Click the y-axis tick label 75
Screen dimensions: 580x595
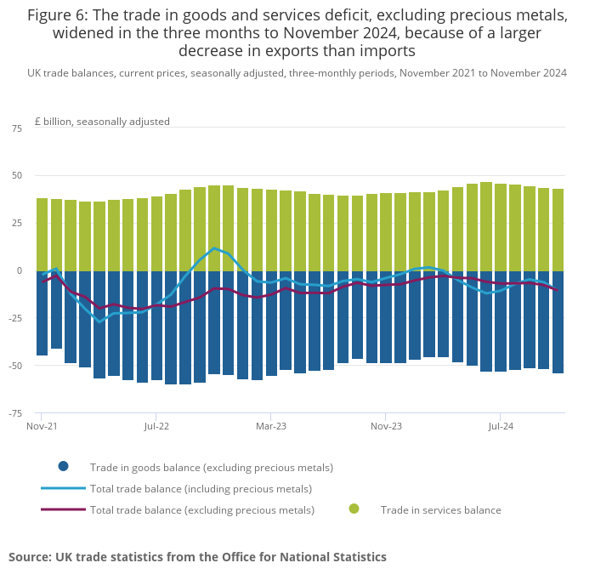click(x=17, y=128)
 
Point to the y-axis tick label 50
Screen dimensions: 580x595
click(x=17, y=176)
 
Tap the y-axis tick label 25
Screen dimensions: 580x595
click(x=17, y=224)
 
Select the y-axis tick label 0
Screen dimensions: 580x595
click(x=20, y=271)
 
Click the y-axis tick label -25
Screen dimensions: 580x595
click(x=15, y=319)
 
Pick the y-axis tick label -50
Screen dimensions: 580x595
click(x=15, y=367)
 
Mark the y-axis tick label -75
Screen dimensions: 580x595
click(x=15, y=414)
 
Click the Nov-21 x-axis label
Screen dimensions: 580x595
click(x=42, y=425)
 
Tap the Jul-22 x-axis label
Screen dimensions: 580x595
click(x=156, y=425)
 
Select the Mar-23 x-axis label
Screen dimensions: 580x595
click(x=271, y=425)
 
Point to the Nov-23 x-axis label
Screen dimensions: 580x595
click(x=386, y=425)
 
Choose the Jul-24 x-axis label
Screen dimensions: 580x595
click(x=501, y=425)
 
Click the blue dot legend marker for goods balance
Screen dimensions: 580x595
click(x=63, y=466)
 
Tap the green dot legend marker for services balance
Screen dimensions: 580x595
click(x=354, y=509)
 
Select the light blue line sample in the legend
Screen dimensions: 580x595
click(x=63, y=488)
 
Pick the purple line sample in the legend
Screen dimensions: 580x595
click(x=63, y=509)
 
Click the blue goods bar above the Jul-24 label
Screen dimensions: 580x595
click(x=501, y=321)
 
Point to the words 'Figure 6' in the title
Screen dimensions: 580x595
click(x=60, y=15)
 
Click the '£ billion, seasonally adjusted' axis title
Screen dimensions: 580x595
click(x=102, y=122)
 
